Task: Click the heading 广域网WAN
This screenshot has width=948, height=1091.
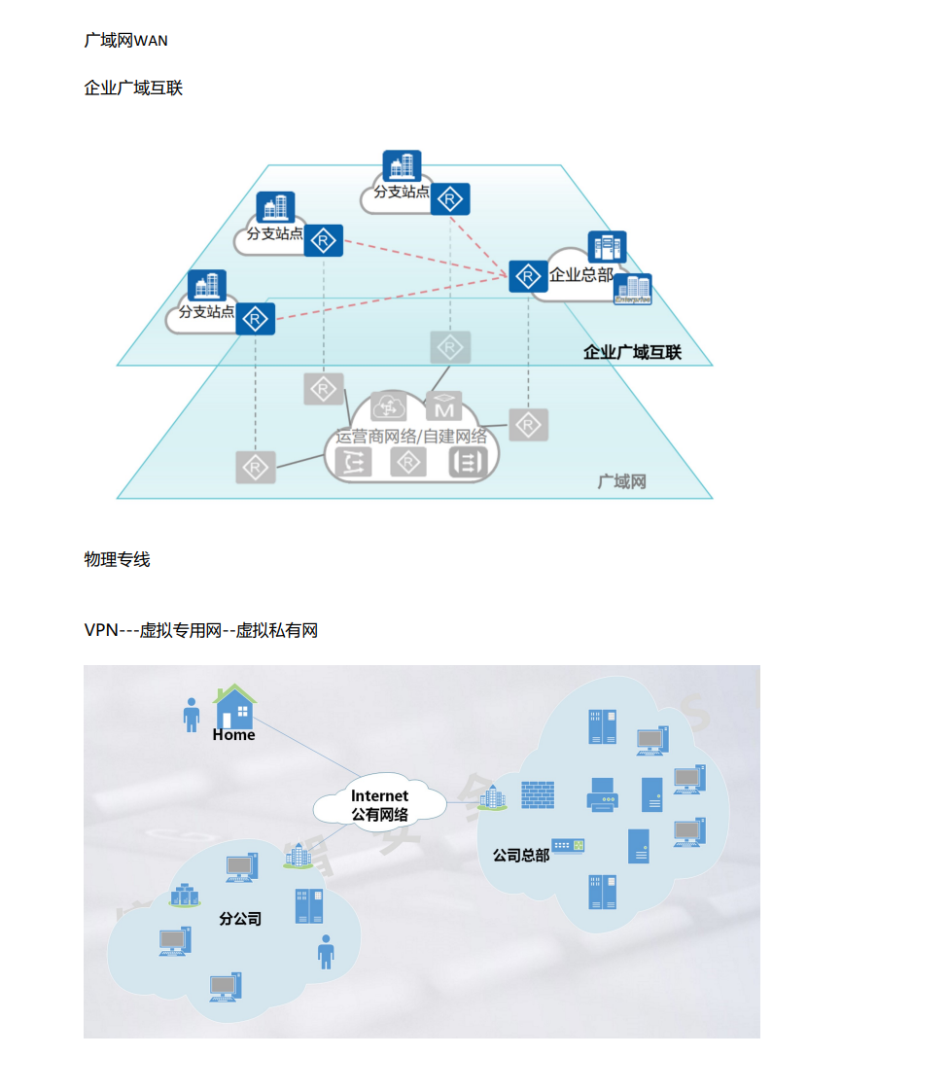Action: [125, 41]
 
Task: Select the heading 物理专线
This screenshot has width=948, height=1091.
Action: [117, 559]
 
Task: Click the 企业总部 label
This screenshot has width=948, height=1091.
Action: [581, 275]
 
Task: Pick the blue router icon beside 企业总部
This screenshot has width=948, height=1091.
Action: [528, 276]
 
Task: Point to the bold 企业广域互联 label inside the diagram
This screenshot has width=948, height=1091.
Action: [632, 352]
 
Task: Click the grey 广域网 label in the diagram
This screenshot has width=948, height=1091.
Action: [622, 481]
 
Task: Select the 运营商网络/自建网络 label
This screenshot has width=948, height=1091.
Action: [411, 437]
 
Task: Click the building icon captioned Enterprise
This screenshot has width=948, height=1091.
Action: [633, 290]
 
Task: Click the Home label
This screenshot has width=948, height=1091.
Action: [233, 735]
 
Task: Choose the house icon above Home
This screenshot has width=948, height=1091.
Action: [235, 706]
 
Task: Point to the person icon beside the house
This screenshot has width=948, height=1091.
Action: [192, 715]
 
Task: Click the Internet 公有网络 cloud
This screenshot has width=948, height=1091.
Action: [380, 804]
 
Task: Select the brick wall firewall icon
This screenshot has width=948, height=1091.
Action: [538, 794]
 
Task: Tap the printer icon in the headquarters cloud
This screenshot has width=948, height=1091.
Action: [602, 794]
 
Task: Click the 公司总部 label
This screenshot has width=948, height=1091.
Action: [521, 855]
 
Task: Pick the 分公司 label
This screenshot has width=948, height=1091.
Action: [240, 919]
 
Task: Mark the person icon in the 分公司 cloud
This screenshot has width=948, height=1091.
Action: [326, 952]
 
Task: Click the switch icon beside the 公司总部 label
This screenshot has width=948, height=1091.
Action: [568, 846]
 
